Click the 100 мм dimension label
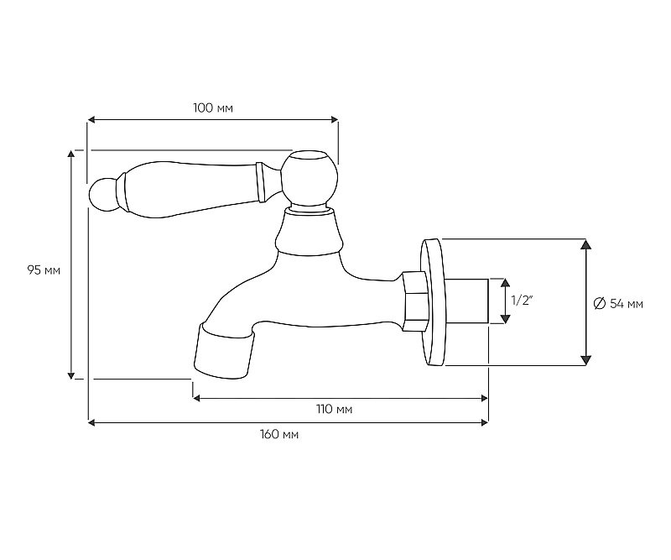point(213,107)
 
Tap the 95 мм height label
point(44,270)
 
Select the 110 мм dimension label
point(334,409)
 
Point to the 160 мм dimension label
point(279,434)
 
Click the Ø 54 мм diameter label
point(618,304)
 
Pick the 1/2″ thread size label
point(522,301)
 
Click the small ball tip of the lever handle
point(101,194)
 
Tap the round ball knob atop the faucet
point(309,177)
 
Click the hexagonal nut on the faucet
point(415,301)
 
